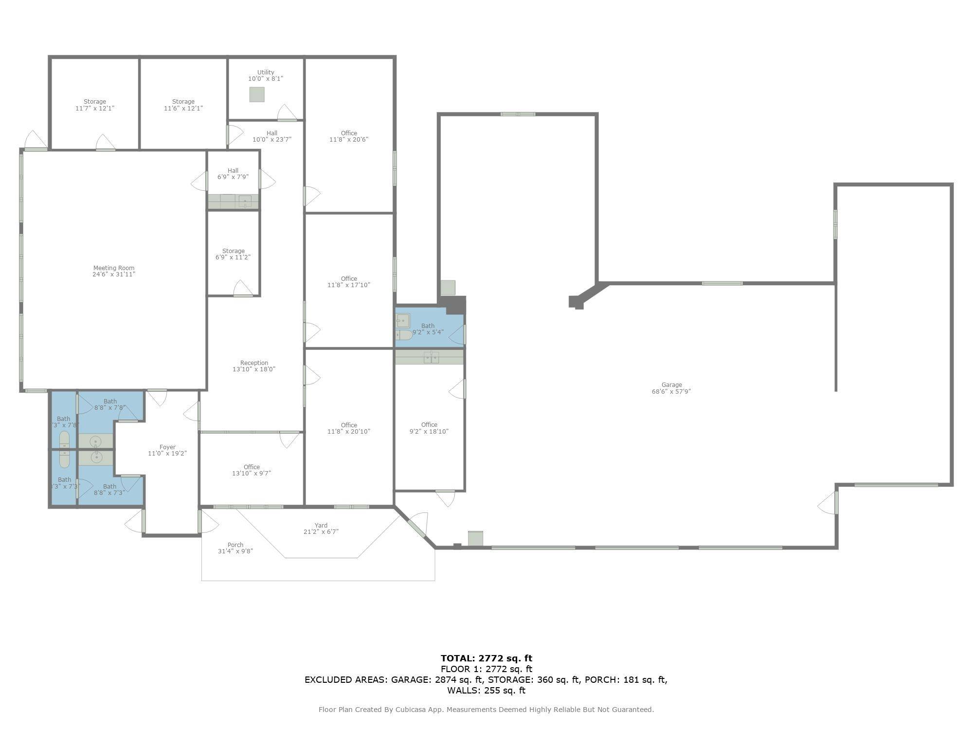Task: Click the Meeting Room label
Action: click(114, 271)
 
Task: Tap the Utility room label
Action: click(266, 75)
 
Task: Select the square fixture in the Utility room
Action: click(257, 94)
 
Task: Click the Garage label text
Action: click(671, 388)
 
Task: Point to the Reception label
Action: click(254, 366)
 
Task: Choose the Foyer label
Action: click(167, 450)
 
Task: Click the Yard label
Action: click(321, 529)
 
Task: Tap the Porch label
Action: click(235, 548)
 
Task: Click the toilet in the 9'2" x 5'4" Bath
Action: click(403, 335)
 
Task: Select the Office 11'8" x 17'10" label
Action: click(349, 282)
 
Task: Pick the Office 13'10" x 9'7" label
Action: click(252, 470)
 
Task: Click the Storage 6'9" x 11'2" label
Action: click(234, 254)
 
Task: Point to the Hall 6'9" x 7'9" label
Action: click(233, 174)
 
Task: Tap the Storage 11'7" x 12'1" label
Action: click(95, 105)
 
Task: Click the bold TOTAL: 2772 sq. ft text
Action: click(486, 658)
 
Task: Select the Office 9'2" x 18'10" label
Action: click(429, 428)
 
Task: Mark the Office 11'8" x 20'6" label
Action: click(349, 136)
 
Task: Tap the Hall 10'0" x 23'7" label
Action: click(272, 136)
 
